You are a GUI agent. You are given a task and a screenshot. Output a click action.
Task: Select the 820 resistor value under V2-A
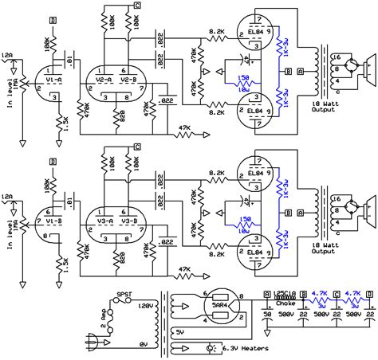point(119,115)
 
